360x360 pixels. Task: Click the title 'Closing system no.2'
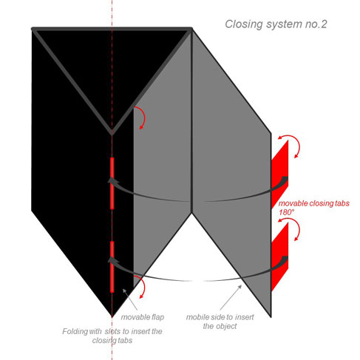[x=276, y=24]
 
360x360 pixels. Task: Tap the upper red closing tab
[x=279, y=175]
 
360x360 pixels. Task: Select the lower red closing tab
[x=279, y=257]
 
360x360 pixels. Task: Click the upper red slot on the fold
[x=112, y=183]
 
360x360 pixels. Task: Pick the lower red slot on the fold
[x=112, y=267]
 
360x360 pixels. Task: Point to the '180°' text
[x=287, y=212]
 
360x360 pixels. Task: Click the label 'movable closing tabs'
[x=314, y=203]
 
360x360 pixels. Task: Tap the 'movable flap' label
[x=143, y=317]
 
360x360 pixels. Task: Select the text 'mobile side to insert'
[x=220, y=317]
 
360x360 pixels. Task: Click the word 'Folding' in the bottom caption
[x=75, y=332]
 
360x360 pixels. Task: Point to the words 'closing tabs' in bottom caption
[x=112, y=341]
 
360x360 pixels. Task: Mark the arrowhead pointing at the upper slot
[x=113, y=180]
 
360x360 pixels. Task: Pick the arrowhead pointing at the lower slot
[x=113, y=260]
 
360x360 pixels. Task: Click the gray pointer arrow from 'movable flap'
[x=130, y=299]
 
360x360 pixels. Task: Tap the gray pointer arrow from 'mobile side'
[x=231, y=297]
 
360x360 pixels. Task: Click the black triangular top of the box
[x=112, y=67]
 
